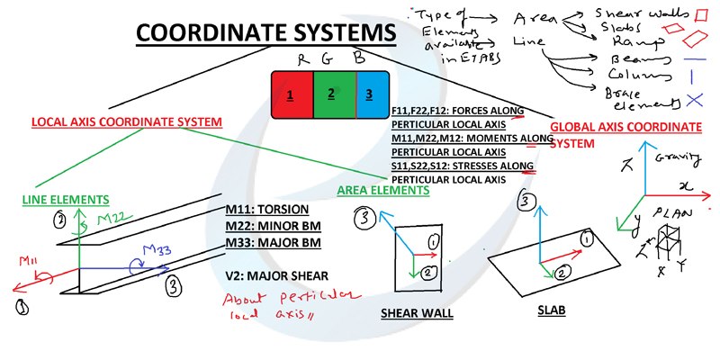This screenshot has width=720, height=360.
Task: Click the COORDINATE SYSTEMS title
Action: coord(265,34)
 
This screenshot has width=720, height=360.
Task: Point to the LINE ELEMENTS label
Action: coord(66,199)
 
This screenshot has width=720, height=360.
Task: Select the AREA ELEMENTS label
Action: coord(382,191)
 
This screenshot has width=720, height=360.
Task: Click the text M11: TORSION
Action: coord(270,210)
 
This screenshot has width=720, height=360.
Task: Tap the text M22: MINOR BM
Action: coord(274,226)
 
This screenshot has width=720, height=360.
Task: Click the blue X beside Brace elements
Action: coord(693,100)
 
